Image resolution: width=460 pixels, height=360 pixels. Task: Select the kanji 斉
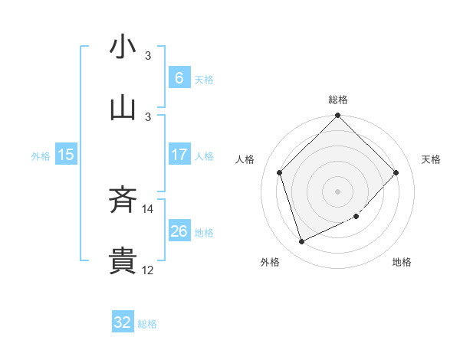point(123,201)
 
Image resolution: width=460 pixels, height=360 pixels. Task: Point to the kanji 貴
point(123,261)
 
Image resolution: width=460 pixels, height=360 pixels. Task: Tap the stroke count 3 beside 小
point(149,55)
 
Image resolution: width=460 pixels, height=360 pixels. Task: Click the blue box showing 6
point(179,78)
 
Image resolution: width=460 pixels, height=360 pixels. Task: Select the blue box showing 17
point(179,155)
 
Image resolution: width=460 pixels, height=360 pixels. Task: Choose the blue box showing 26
point(179,231)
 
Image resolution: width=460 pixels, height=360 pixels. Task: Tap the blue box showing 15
point(66,155)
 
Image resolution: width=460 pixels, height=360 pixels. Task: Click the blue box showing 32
point(123,322)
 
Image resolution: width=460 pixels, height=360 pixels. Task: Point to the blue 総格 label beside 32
point(147,324)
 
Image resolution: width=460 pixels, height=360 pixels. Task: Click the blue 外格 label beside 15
point(41,156)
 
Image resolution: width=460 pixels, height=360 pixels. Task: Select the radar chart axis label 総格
point(338,100)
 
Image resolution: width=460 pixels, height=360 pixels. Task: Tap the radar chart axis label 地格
point(402,262)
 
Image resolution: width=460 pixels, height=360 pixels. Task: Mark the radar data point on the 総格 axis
point(337,116)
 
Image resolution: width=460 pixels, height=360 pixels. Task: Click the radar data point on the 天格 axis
point(396,172)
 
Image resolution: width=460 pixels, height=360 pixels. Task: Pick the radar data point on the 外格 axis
point(302,241)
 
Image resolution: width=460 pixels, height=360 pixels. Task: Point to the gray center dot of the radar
point(337,191)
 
